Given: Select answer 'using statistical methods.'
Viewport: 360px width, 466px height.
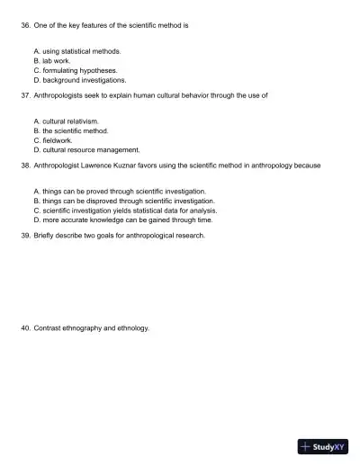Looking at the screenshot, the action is click(81, 51).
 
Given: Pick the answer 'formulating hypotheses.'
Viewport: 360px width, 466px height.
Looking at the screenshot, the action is click(80, 70).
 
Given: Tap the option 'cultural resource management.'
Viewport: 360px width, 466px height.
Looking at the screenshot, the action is click(91, 149).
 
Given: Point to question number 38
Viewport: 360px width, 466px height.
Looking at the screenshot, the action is click(25, 165).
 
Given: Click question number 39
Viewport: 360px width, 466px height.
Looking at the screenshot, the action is click(25, 235).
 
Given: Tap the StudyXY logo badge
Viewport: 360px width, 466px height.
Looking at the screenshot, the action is click(322, 446).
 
